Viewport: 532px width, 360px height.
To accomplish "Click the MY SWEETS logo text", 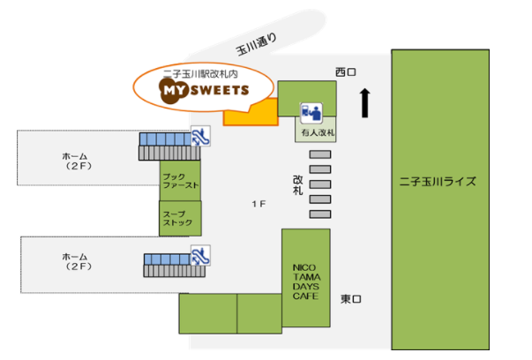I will pyautogui.click(x=204, y=89).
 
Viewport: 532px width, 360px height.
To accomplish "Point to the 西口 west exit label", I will pyautogui.click(x=344, y=71).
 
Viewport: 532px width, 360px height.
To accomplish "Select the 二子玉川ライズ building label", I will pyautogui.click(x=438, y=182).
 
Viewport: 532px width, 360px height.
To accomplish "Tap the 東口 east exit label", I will pyautogui.click(x=350, y=299).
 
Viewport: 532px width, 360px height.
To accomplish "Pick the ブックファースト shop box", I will pyautogui.click(x=180, y=181).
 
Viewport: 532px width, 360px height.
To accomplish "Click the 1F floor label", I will pyautogui.click(x=258, y=205).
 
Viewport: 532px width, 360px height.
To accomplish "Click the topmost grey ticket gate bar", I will pyautogui.click(x=320, y=154).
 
